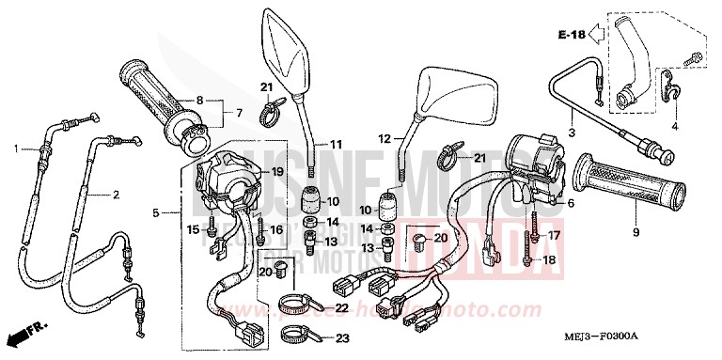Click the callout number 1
pyautogui.click(x=16, y=149)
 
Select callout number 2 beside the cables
pyautogui.click(x=117, y=196)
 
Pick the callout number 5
pyautogui.click(x=156, y=213)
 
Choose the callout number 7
pyautogui.click(x=239, y=114)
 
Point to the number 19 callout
pyautogui.click(x=276, y=172)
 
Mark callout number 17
pyautogui.click(x=554, y=235)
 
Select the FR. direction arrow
pyautogui.click(x=26, y=333)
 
